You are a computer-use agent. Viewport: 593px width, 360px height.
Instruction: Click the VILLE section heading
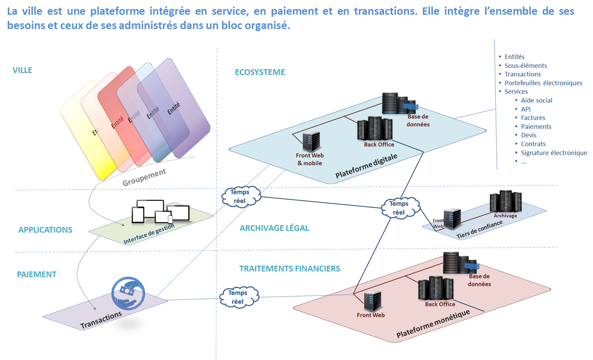pyautogui.click(x=22, y=70)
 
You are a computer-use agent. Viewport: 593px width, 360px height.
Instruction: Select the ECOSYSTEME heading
pyautogui.click(x=260, y=72)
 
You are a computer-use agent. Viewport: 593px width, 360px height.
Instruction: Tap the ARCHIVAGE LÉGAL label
pyautogui.click(x=274, y=228)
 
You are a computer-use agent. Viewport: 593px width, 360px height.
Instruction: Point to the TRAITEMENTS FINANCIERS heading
pyautogui.click(x=289, y=269)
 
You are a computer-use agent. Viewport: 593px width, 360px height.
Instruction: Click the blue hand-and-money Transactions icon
pyautogui.click(x=128, y=293)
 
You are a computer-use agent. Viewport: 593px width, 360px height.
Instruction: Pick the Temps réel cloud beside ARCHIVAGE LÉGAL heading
pyautogui.click(x=241, y=197)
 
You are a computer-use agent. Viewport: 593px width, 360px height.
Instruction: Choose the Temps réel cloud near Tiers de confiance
pyautogui.click(x=400, y=208)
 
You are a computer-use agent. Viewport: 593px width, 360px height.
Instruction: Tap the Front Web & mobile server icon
pyautogui.click(x=311, y=141)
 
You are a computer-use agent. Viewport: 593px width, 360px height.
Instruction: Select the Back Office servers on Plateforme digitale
pyautogui.click(x=375, y=129)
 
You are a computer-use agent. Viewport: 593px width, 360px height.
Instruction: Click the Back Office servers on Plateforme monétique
pyautogui.click(x=436, y=288)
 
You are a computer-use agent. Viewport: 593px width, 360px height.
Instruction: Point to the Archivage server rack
pyautogui.click(x=506, y=201)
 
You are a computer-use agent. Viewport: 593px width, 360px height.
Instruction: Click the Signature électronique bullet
pyautogui.click(x=554, y=153)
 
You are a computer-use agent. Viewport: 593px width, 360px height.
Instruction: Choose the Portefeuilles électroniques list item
pyautogui.click(x=543, y=83)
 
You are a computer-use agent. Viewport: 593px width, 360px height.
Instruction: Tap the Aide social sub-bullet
pyautogui.click(x=536, y=100)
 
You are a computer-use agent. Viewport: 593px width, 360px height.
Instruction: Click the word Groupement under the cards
pyautogui.click(x=144, y=177)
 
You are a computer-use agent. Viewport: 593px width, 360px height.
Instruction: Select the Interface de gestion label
pyautogui.click(x=149, y=234)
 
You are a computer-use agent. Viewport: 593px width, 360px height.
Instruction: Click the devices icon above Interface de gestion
pyautogui.click(x=160, y=212)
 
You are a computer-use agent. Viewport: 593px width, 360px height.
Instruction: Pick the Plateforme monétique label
pyautogui.click(x=433, y=324)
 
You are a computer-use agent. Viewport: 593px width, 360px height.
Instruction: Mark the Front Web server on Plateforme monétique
pyautogui.click(x=373, y=301)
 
